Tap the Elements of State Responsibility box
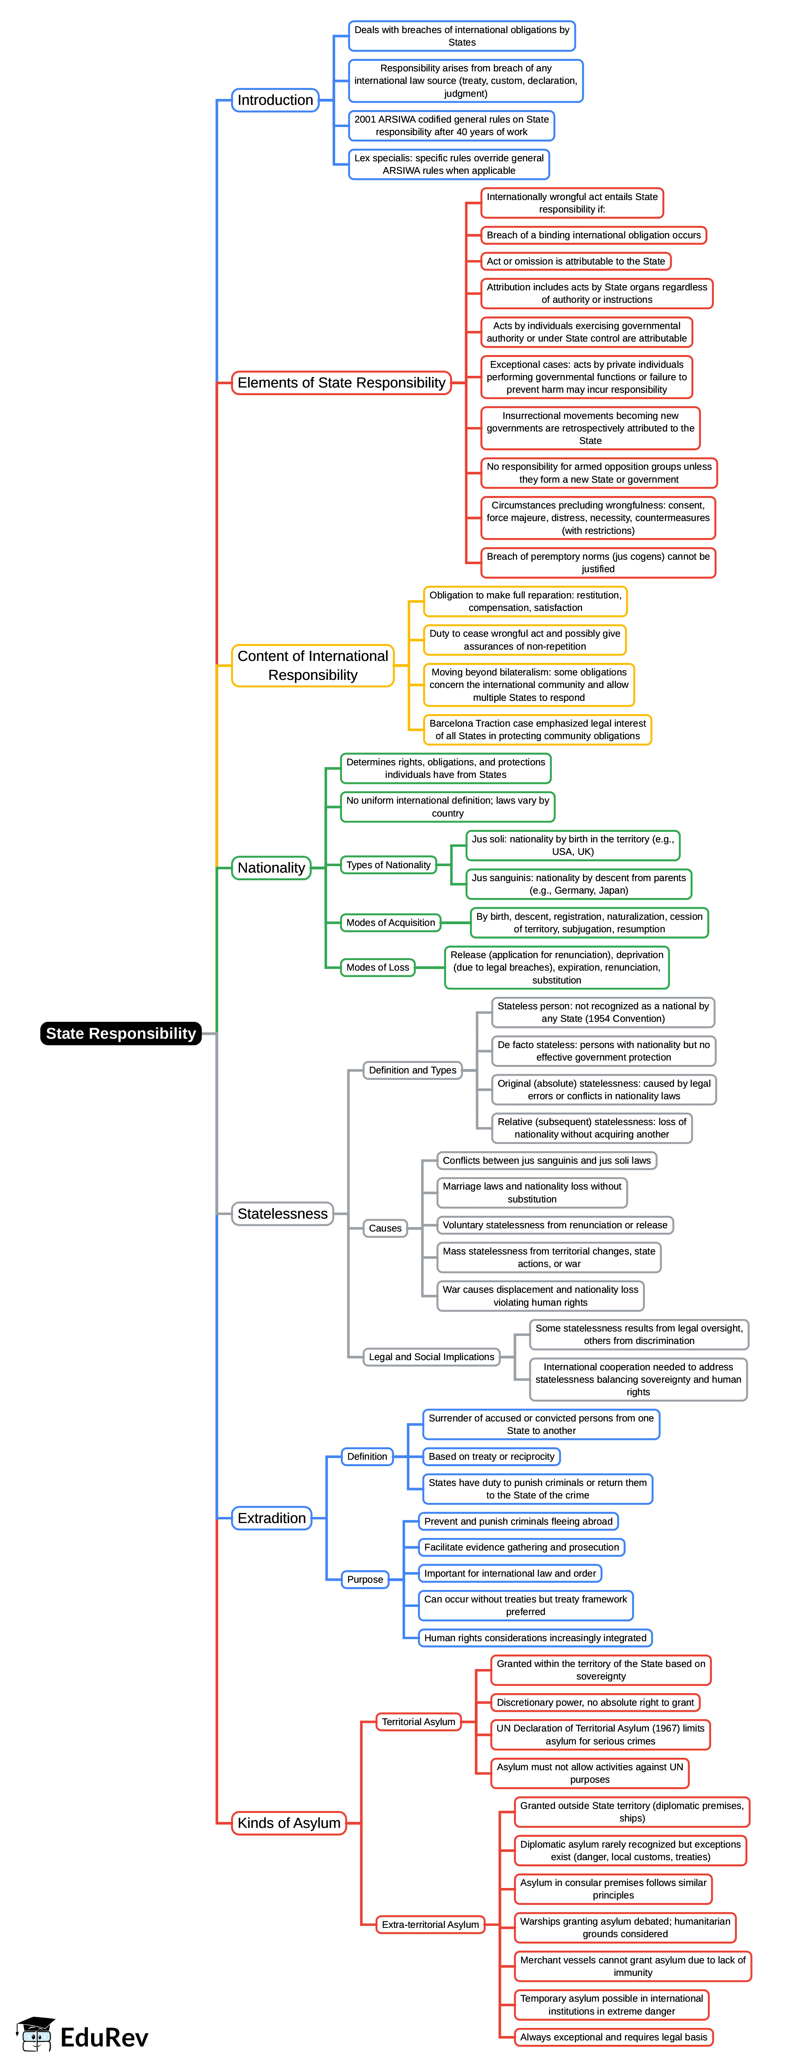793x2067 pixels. click(x=341, y=383)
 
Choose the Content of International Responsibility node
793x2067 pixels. click(x=312, y=665)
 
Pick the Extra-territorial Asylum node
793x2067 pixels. click(x=430, y=1924)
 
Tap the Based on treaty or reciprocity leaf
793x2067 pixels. click(x=491, y=1456)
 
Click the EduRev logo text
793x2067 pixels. click(x=104, y=2036)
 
